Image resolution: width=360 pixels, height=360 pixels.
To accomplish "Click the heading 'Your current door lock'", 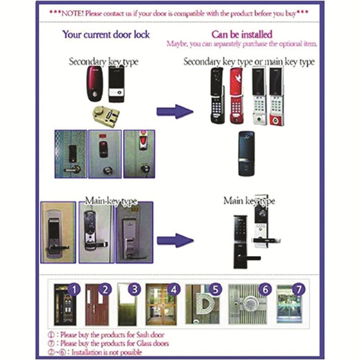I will tap(106, 35).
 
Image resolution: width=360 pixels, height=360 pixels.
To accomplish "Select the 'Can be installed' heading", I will tap(242, 35).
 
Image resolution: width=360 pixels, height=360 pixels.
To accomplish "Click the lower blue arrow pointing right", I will tap(175, 240).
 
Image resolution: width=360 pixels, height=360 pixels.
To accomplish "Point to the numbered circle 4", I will tap(174, 289).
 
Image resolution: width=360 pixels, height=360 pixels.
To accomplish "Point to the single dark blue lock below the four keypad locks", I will tap(246, 154).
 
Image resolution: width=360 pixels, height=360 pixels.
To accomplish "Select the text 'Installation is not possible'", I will tap(107, 352).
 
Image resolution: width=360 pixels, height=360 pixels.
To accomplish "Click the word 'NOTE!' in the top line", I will tap(72, 14).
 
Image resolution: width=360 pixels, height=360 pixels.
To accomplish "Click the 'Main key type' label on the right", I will tap(249, 201).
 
